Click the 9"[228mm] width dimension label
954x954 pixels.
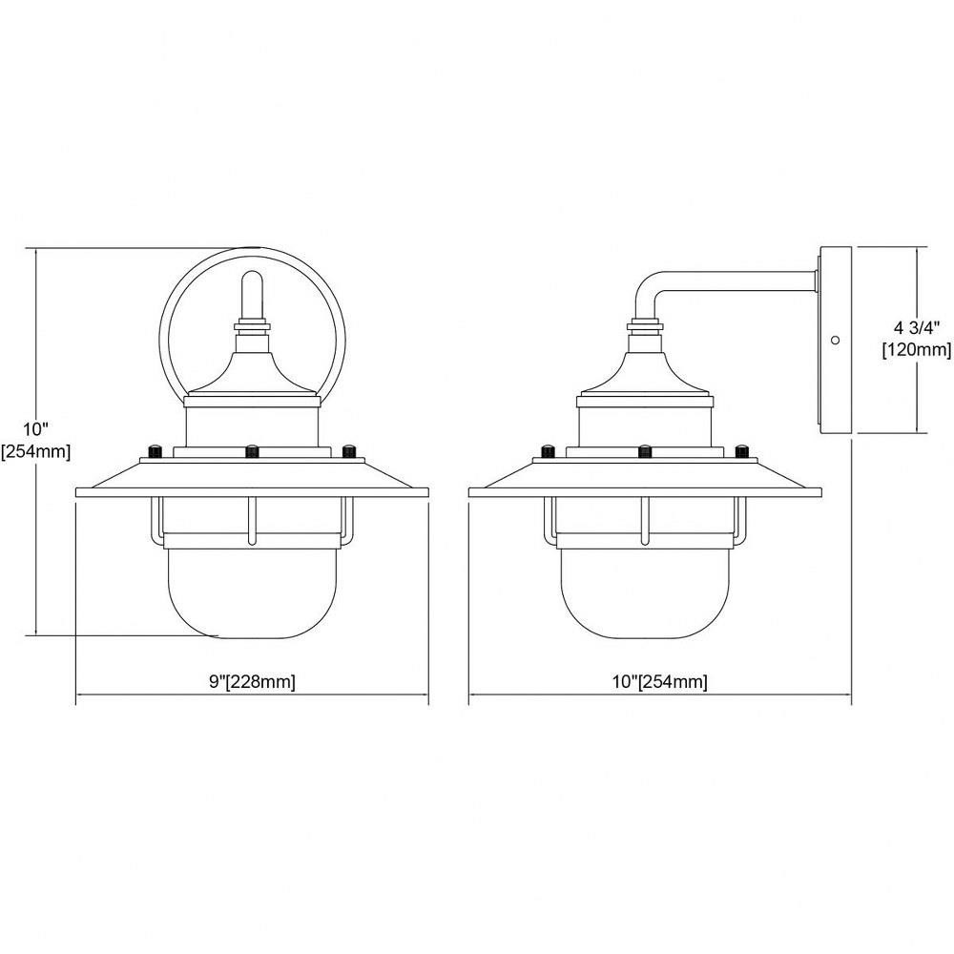tap(253, 681)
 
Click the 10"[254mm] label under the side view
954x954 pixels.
tap(659, 681)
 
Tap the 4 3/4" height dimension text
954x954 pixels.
tap(916, 328)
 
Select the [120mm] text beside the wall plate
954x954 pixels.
tap(917, 350)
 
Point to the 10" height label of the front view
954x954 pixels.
tap(36, 429)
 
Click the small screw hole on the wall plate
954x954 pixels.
tap(836, 340)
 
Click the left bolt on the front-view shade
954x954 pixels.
tap(156, 452)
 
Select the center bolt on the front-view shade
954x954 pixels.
tap(252, 452)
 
